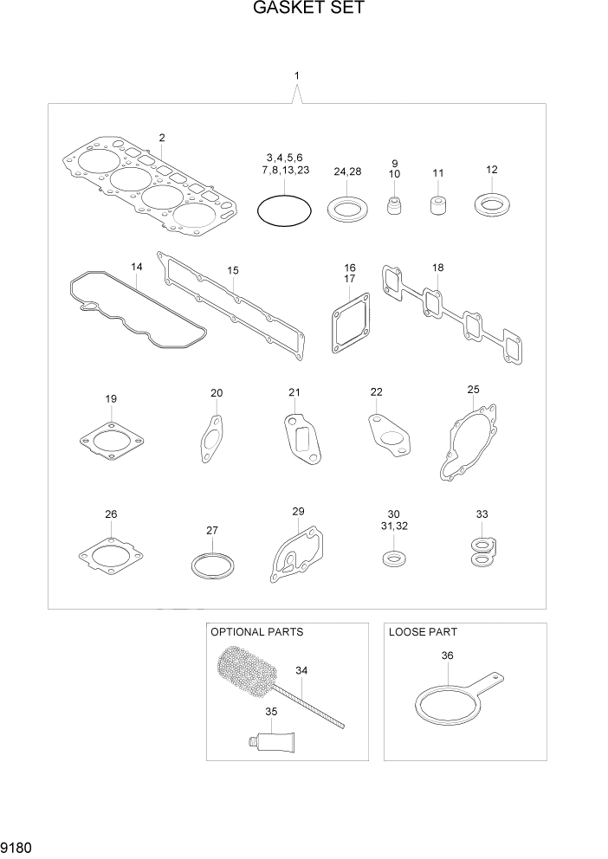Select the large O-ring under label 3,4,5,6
(x=283, y=210)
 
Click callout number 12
(x=491, y=169)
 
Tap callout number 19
(x=111, y=398)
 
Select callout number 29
(x=298, y=512)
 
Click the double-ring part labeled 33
(x=482, y=552)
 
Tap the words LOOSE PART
(x=423, y=632)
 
